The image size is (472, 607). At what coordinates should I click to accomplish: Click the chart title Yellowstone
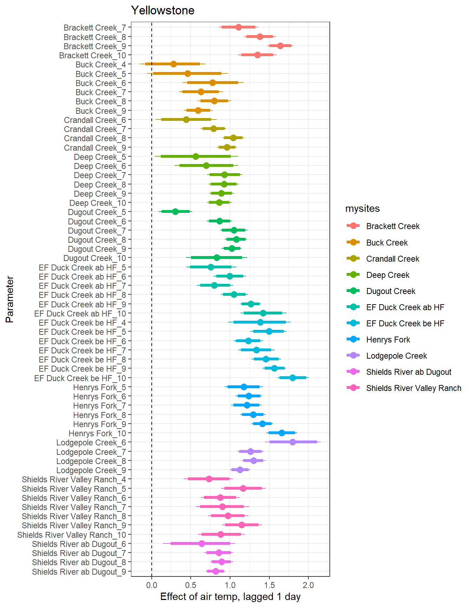163,11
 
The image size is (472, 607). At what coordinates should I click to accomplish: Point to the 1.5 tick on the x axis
269,585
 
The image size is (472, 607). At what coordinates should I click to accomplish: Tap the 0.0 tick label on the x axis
152,585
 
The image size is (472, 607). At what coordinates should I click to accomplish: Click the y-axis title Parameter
10,299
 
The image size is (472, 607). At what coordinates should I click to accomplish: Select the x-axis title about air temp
230,597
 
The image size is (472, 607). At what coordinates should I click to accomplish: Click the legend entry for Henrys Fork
388,340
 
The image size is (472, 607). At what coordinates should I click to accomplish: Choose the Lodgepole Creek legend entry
396,356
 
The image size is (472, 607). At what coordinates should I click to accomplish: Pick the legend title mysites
362,209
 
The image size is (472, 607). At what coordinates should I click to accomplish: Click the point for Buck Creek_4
173,64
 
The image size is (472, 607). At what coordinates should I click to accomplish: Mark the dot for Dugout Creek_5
175,211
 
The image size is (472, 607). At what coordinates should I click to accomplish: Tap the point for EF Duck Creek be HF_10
293,378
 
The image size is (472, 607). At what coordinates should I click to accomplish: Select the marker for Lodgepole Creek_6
293,442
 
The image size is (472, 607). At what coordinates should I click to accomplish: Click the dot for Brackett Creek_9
280,46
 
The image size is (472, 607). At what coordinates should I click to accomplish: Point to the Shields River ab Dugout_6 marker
202,543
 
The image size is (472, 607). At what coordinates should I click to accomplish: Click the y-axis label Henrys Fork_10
97,433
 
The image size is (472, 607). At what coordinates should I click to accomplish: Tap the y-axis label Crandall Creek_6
95,120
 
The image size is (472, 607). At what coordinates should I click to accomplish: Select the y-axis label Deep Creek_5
100,157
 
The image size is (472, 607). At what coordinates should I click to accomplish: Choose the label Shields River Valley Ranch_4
74,479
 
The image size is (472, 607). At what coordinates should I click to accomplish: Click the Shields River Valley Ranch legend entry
413,388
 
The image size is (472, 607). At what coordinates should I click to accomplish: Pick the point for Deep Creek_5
196,156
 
